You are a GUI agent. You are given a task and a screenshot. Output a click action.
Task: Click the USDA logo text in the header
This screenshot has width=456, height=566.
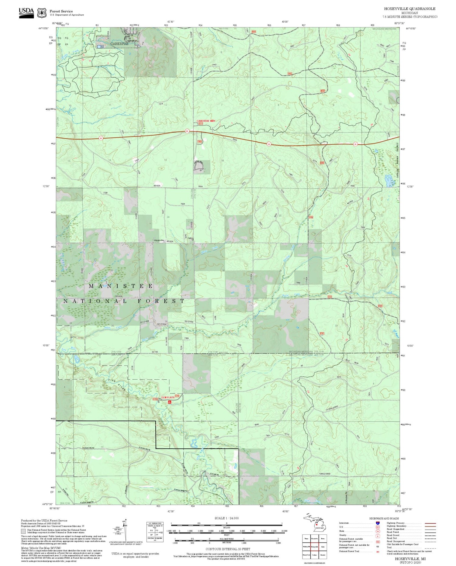point(26,11)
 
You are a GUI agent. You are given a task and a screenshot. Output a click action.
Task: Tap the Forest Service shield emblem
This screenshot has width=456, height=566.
point(41,13)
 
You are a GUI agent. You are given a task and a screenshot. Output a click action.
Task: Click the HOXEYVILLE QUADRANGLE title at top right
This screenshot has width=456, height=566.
point(409,9)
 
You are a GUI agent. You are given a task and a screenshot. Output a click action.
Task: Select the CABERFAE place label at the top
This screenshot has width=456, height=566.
point(119,44)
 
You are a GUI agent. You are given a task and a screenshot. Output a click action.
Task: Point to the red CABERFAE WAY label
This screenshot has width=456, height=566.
point(206,121)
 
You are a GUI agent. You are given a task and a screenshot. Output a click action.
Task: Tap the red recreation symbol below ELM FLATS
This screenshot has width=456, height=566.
point(170,402)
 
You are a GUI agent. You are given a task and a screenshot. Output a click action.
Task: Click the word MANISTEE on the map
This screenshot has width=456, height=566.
point(121,286)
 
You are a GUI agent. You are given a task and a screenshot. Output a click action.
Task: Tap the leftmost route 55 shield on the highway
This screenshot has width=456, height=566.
point(101,138)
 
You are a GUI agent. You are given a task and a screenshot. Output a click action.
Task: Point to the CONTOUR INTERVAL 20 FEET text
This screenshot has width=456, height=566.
point(228,549)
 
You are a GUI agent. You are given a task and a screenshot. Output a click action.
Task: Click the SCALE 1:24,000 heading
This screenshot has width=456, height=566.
point(226,518)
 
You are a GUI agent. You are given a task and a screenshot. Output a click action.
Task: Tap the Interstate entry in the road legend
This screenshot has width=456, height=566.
point(344,523)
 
